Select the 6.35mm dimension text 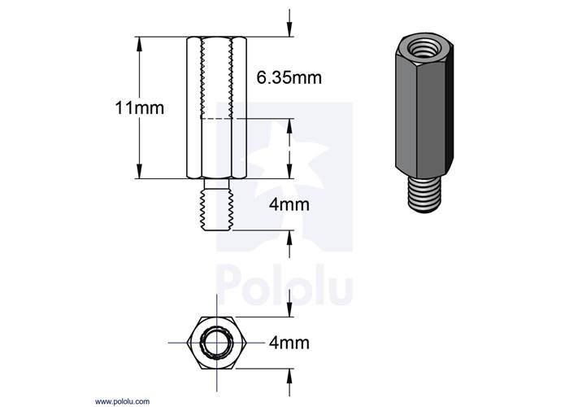click(x=289, y=78)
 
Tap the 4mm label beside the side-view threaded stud click(x=289, y=205)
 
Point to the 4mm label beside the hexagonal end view click(x=289, y=344)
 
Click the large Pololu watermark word click(x=284, y=287)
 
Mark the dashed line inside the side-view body click(x=215, y=120)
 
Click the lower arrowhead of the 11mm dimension click(x=140, y=172)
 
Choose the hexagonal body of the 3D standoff click(x=420, y=114)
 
